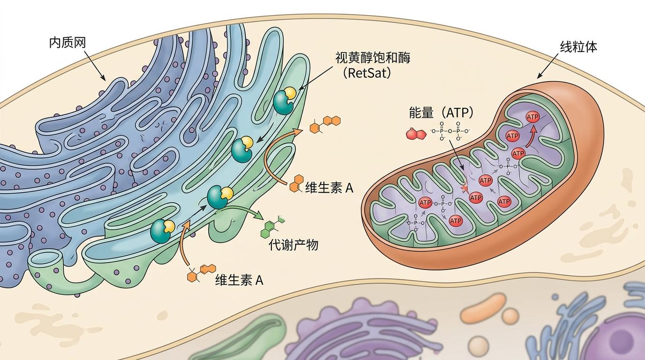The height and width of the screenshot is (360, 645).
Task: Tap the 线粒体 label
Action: pos(578,46)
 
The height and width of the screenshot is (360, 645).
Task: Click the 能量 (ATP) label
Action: pos(441,112)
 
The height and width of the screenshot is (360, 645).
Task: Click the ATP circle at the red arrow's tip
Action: pos(532,117)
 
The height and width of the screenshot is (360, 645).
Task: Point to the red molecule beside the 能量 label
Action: pos(415,134)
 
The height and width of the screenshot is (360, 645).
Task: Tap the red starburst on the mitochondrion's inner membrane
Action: pos(465,188)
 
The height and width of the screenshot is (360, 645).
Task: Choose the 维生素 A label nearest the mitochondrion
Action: pos(329,188)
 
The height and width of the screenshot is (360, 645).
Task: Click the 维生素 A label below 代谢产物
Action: pos(239,280)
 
